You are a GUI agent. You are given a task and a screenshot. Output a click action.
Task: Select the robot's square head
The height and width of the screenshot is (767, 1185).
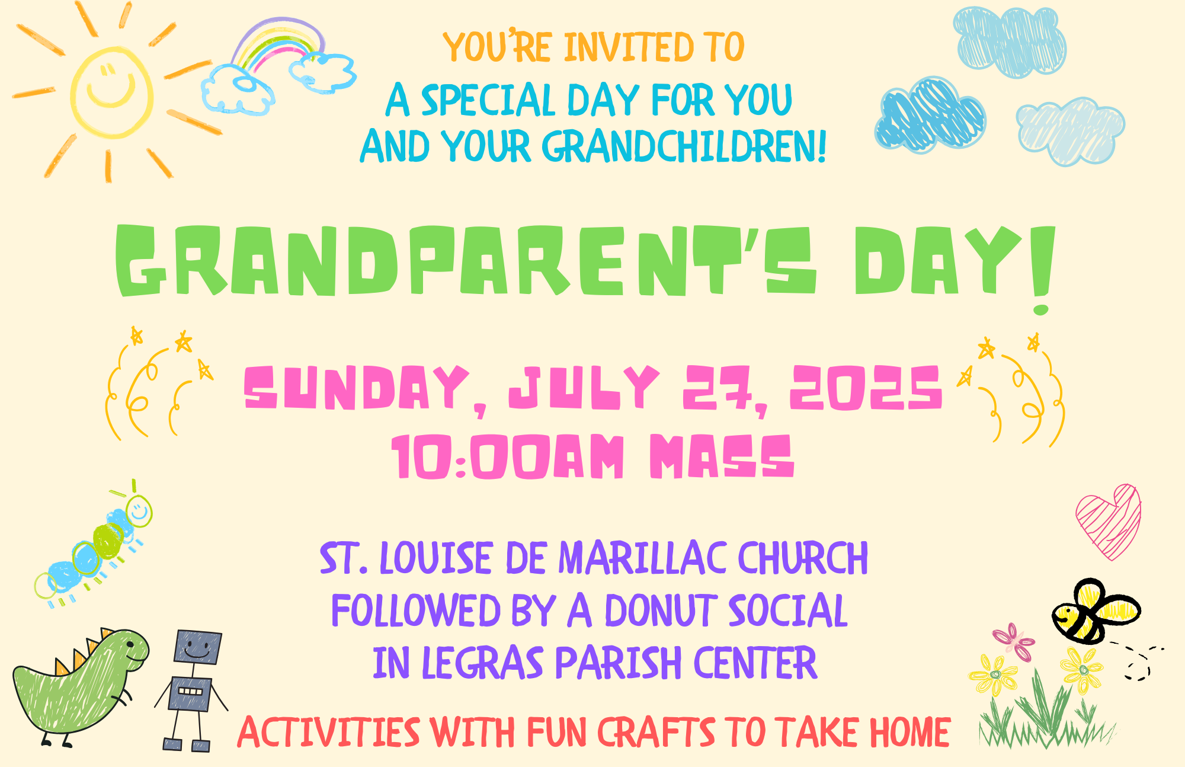(198, 647)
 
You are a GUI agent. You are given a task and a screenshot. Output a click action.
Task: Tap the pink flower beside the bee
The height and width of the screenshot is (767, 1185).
(1014, 641)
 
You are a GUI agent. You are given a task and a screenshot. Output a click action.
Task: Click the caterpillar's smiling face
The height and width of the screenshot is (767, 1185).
(139, 511)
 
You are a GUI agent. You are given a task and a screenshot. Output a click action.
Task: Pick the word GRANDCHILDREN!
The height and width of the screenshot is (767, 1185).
(684, 146)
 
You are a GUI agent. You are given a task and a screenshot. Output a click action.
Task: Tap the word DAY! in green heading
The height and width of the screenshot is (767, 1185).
(955, 264)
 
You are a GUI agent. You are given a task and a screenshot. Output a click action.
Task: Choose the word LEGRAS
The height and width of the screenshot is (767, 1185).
(482, 663)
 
